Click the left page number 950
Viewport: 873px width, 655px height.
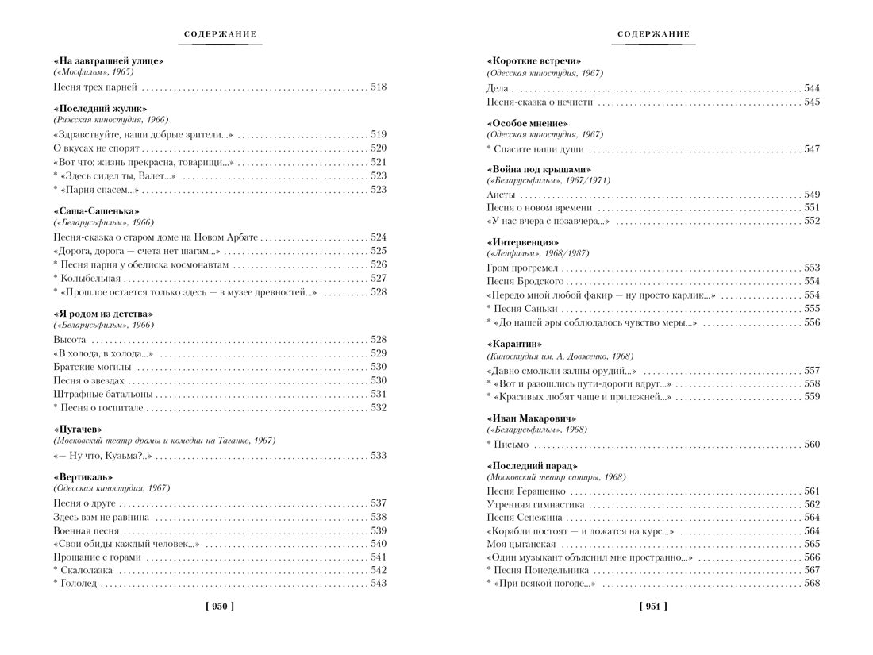click(220, 607)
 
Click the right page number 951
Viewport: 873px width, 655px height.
click(653, 607)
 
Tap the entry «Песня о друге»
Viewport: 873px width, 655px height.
click(85, 503)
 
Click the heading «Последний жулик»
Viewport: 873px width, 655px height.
click(101, 108)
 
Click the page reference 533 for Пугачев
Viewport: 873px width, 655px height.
click(379, 456)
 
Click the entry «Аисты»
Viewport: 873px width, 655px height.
click(501, 194)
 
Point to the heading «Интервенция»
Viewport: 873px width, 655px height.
click(523, 241)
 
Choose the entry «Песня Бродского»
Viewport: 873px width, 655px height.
click(525, 281)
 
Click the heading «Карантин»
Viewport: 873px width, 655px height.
click(514, 345)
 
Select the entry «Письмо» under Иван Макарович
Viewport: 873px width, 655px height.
click(511, 445)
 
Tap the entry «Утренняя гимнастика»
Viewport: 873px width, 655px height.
click(535, 504)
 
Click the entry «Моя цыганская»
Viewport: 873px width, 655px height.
click(521, 544)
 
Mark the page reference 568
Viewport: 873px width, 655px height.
click(812, 584)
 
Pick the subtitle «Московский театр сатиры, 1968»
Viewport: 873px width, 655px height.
click(556, 477)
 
